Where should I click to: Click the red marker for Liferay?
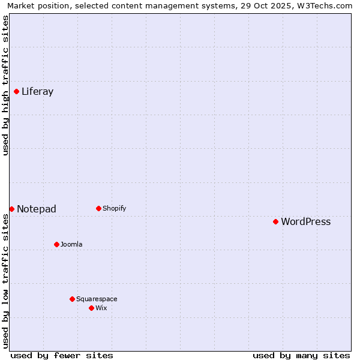[x=16, y=91]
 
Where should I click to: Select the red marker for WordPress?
[x=275, y=221]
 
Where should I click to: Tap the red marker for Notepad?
[x=11, y=209]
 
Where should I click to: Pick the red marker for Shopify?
[x=98, y=208]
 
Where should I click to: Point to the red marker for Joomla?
[x=56, y=244]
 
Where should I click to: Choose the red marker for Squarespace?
[x=72, y=299]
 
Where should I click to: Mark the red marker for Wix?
[x=91, y=308]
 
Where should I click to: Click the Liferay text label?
[x=37, y=92]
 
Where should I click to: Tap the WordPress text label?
[x=305, y=222]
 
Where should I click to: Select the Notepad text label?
[x=37, y=209]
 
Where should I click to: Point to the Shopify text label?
[x=114, y=209]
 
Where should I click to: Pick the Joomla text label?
[x=71, y=245]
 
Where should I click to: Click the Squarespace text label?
[x=97, y=299]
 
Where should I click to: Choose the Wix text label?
[x=101, y=308]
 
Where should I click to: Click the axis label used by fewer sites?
[x=62, y=355]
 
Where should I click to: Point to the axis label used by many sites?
[x=301, y=355]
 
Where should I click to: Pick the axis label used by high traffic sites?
[x=6, y=85]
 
